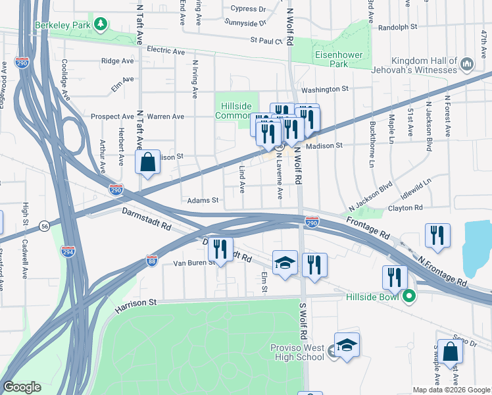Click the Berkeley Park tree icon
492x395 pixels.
(100, 25)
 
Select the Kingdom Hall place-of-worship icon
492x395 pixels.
(468, 63)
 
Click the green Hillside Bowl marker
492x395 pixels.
(408, 296)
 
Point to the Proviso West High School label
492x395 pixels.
(297, 352)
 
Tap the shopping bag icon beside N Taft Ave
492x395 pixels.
(148, 161)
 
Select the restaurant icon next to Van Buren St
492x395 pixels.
(220, 249)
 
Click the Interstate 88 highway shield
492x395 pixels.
(152, 260)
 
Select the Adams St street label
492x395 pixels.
(202, 199)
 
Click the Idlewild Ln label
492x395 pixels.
(418, 180)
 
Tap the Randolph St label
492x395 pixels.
(399, 27)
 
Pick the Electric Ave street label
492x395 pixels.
(166, 50)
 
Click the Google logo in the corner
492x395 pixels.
(22, 387)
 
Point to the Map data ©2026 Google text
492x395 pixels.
(451, 390)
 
